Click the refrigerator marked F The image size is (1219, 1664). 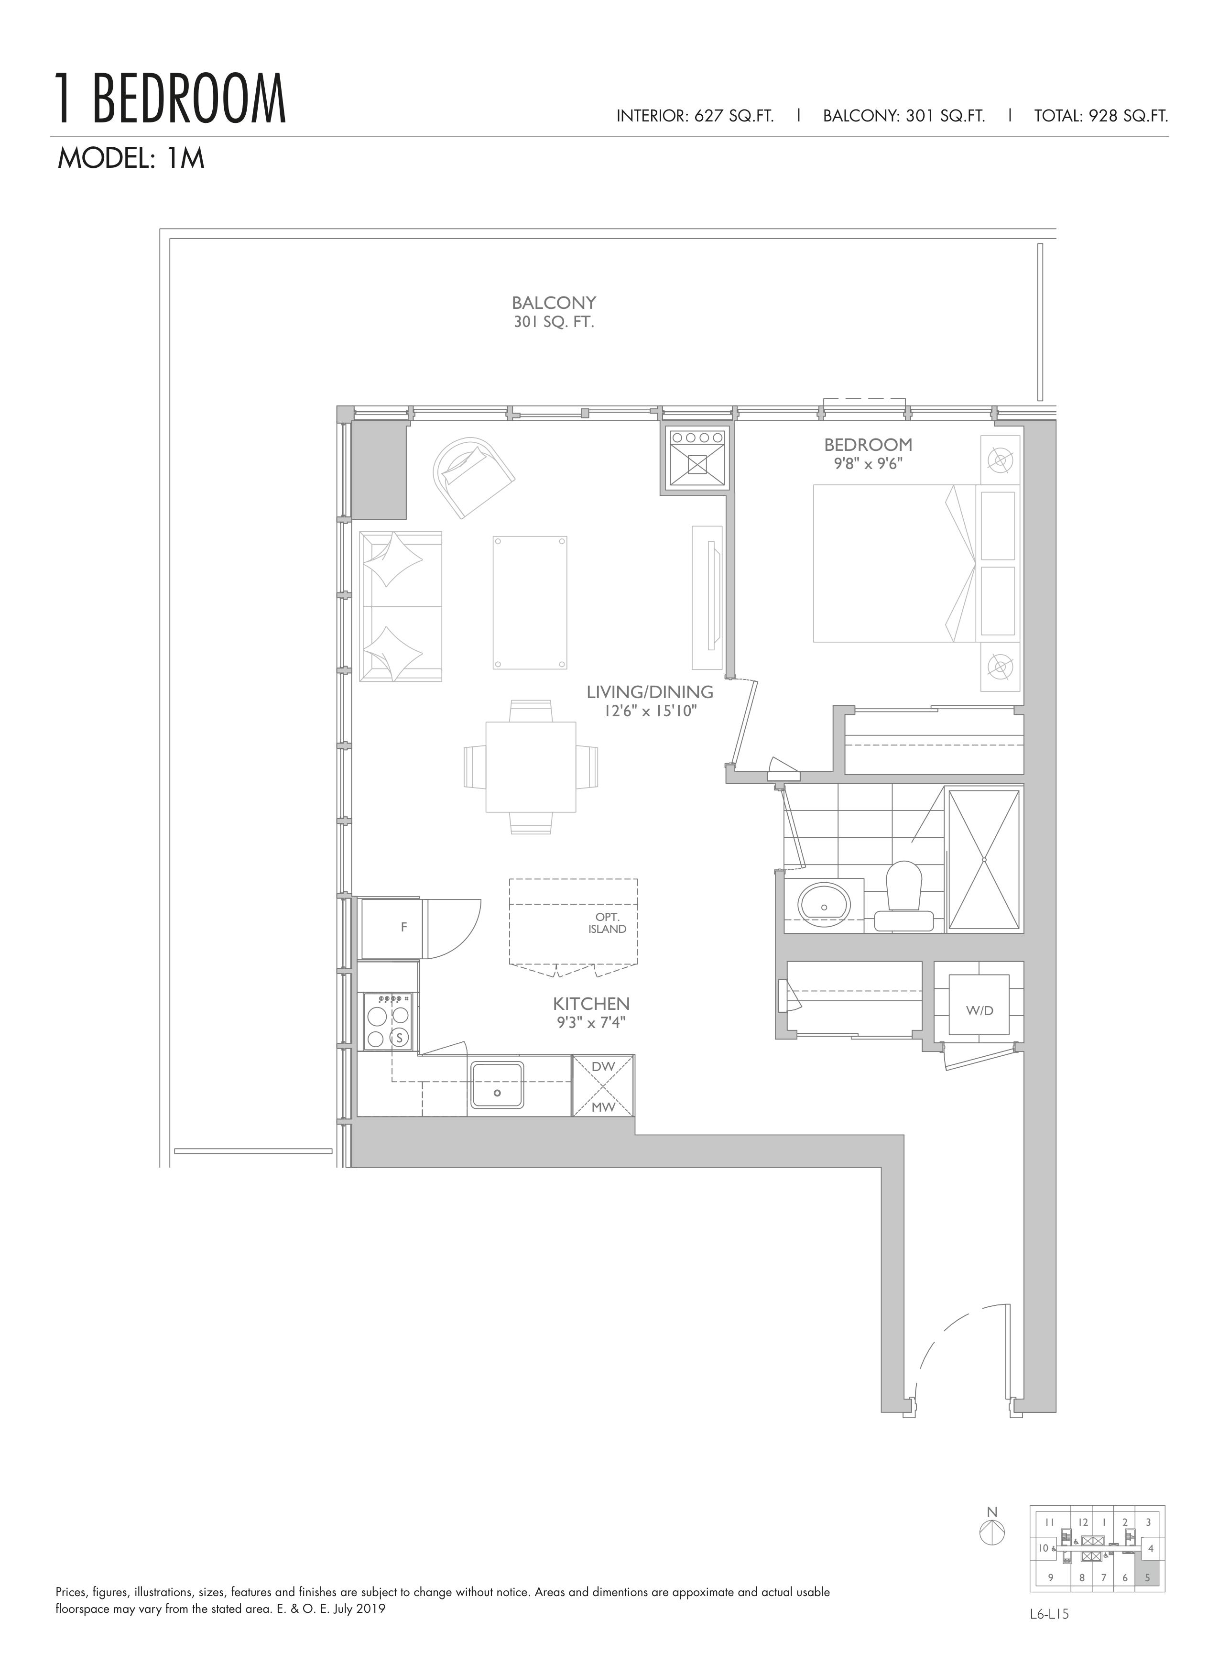click(x=390, y=928)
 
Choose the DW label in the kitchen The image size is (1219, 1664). click(x=603, y=1066)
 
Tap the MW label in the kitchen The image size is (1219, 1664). click(x=603, y=1107)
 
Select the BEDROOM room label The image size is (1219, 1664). click(x=868, y=445)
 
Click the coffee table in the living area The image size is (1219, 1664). click(x=530, y=602)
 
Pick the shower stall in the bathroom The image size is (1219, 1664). click(x=984, y=860)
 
